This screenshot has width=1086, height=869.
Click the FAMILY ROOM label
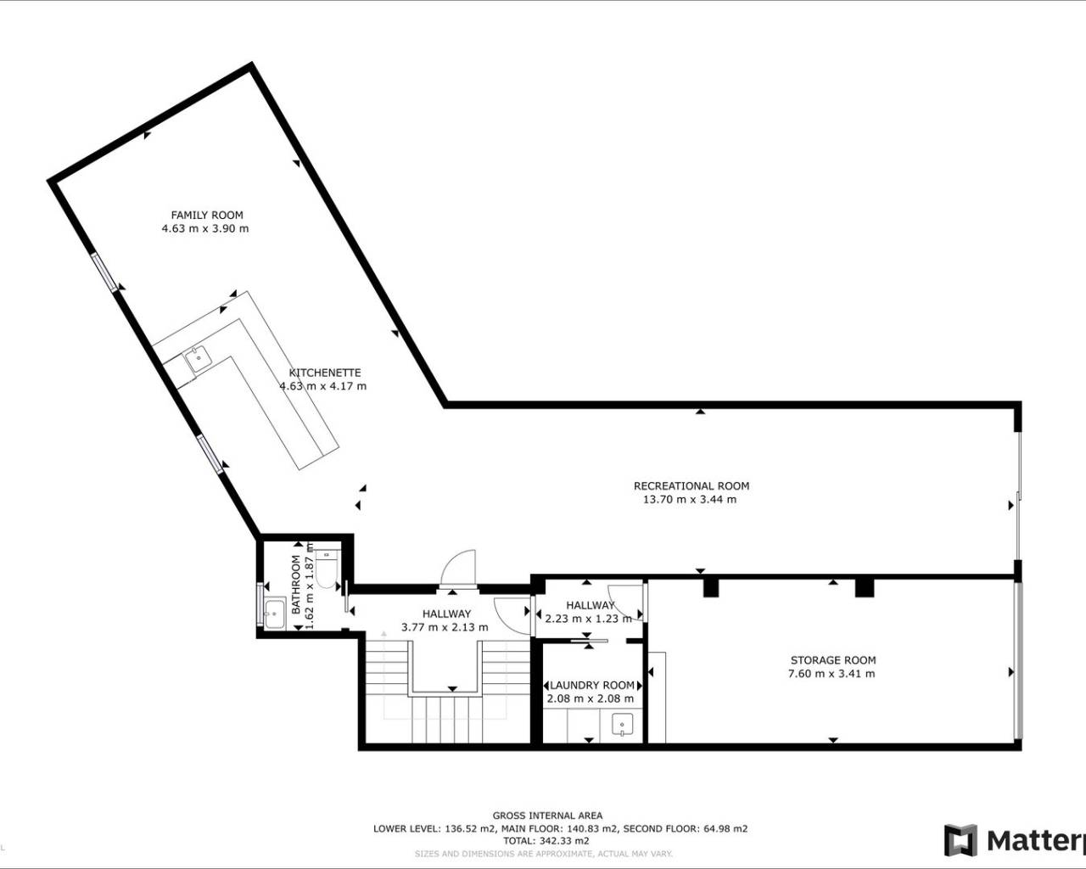[207, 215]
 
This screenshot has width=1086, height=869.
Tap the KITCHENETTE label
[325, 373]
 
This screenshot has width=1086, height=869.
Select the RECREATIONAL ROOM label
[691, 486]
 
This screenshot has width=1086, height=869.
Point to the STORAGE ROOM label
[833, 660]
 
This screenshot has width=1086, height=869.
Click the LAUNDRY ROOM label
[592, 686]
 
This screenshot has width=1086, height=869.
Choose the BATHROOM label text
[296, 585]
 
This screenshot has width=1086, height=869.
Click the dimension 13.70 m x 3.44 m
[690, 500]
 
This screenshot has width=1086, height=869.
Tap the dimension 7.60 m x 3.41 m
[831, 674]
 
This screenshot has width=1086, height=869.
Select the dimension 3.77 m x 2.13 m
[445, 627]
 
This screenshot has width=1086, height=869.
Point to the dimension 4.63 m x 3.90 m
[205, 228]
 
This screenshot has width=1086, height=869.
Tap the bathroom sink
[274, 614]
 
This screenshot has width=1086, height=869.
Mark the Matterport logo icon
[960, 840]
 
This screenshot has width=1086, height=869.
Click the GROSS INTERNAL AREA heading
[547, 816]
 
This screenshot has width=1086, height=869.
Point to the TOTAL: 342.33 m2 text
[547, 841]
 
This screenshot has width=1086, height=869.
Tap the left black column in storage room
[711, 587]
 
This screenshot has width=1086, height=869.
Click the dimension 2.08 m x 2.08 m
[590, 699]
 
